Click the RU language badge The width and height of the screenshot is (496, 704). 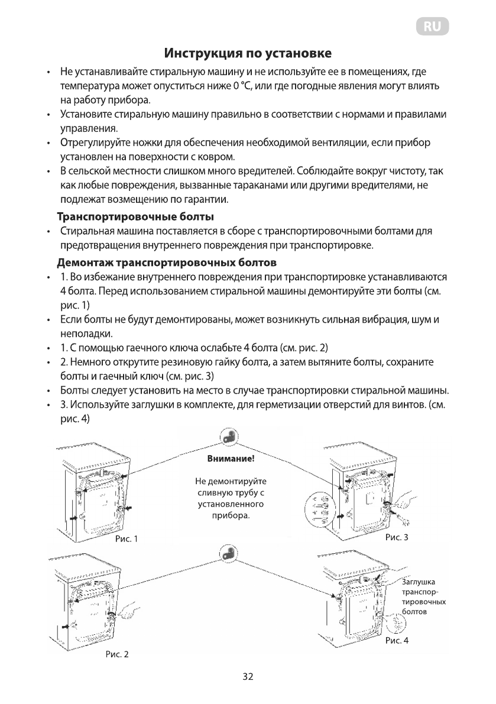point(433,27)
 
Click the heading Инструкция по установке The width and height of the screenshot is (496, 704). point(248,54)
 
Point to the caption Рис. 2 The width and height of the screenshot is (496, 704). point(116,654)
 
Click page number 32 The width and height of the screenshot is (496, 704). point(248,677)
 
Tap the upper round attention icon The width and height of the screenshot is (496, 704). point(228,437)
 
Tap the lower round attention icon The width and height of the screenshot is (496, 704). point(228,553)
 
